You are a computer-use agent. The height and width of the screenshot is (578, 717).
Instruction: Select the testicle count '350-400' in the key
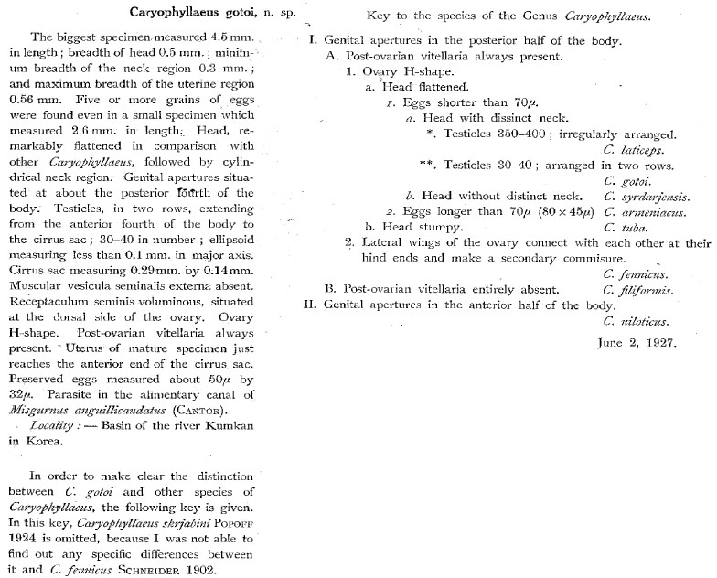[x=501, y=134]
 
